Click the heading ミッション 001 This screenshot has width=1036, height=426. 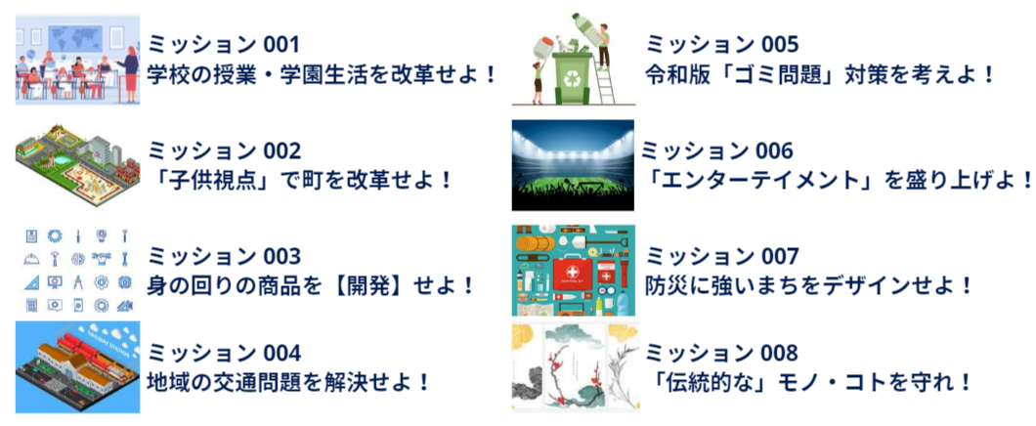point(223,45)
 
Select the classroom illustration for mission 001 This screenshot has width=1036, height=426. point(78,60)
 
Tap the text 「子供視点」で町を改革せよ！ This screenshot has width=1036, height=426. point(300,179)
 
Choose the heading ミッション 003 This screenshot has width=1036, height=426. point(224,256)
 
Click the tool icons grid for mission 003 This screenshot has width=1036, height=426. point(78,271)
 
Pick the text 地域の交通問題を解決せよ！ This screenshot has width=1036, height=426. point(289,382)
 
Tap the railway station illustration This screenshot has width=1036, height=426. point(78,367)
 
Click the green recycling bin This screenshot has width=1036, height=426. point(573,76)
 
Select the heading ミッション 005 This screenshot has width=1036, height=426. point(722,45)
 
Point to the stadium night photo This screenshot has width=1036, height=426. point(573,165)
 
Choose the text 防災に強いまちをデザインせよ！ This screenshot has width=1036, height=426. point(809,285)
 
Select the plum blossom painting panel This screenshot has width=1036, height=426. point(572,367)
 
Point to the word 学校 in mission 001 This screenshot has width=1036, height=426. point(168,72)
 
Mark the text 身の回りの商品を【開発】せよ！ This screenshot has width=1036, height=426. point(311,285)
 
